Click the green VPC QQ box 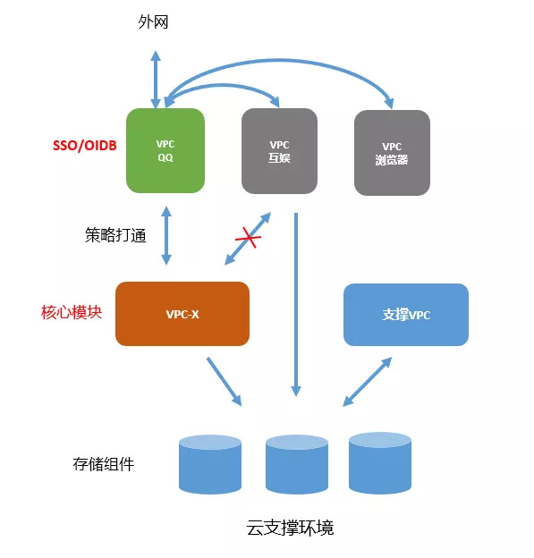[165, 150]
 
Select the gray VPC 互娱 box [279, 151]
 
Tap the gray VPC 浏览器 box [392, 153]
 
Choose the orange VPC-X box [182, 314]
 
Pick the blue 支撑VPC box [406, 315]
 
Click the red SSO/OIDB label [85, 146]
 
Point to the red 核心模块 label [72, 312]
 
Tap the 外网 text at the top [153, 22]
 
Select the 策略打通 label [115, 235]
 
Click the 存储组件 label [104, 464]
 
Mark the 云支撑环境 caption [290, 528]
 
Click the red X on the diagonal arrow [249, 237]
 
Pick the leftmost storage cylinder [210, 464]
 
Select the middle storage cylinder [297, 464]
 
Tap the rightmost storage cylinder [380, 463]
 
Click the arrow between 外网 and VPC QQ [156, 80]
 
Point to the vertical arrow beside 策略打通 [166, 235]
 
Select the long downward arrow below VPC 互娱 [296, 305]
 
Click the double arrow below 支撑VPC [367, 382]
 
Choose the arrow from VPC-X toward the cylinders [225, 382]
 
